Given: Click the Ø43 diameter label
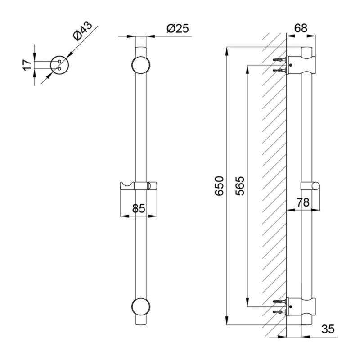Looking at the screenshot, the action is [83, 31].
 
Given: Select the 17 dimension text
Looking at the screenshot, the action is [27, 65].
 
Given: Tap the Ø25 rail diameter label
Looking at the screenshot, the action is [178, 29].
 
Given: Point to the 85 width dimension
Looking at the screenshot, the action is [139, 208].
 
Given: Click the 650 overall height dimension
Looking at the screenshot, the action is [219, 186].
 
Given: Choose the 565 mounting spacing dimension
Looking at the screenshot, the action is [240, 186].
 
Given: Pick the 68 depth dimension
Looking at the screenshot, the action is [301, 28].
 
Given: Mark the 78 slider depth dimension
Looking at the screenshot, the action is [303, 202].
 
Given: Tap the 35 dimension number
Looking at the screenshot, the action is [328, 329].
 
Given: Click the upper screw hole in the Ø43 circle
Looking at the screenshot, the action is [59, 62].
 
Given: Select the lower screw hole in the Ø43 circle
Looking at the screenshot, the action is [59, 69].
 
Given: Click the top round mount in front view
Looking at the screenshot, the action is [141, 65].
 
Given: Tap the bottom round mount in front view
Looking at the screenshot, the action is [141, 307].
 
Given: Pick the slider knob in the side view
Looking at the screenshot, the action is [310, 186].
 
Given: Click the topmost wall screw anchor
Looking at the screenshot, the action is [279, 60].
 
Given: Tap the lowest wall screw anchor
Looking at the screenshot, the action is [279, 312].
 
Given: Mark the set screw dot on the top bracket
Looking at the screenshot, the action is [291, 65].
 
